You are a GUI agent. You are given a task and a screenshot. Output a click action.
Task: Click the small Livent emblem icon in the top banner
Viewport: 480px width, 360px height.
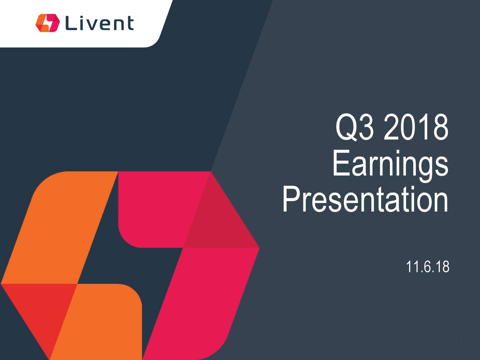coord(48,23)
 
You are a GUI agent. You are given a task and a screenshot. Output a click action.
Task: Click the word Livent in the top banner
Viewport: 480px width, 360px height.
coord(100,23)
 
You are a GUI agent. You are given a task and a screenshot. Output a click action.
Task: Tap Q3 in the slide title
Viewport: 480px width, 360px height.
coord(354,127)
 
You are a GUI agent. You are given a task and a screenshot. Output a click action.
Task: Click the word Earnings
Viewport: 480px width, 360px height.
coord(390,165)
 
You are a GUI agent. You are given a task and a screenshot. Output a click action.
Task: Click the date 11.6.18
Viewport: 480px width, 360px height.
coord(427,267)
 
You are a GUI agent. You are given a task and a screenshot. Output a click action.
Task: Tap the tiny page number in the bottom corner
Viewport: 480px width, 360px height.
coord(458,341)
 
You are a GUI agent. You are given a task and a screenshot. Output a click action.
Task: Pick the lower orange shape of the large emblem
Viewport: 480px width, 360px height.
coord(101,322)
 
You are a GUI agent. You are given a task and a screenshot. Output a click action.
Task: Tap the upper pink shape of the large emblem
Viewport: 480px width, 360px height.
coord(157,206)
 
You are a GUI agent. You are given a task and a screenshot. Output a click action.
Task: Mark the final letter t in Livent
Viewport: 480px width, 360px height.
coord(129,23)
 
